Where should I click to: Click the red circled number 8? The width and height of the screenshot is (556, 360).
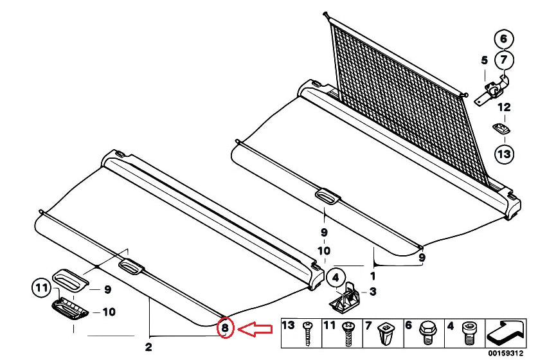coord(225,328)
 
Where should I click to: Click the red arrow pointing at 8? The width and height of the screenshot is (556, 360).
coord(255,329)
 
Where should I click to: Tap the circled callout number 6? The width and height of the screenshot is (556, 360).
coord(504,39)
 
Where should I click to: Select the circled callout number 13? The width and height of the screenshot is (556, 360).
coord(504,154)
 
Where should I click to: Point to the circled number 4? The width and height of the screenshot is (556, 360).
coord(336,278)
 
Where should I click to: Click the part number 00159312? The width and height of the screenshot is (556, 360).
coord(509,354)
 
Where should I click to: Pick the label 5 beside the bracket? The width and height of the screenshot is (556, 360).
coord(484,60)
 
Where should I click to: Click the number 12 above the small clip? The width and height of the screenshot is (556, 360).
coord(504,107)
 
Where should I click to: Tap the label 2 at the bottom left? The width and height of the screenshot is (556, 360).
coord(148,348)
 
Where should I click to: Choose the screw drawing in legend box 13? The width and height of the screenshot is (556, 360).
coord(307,333)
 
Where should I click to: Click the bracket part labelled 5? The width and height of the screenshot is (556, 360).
coord(491,90)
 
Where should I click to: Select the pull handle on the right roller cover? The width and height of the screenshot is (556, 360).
coord(328,197)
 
